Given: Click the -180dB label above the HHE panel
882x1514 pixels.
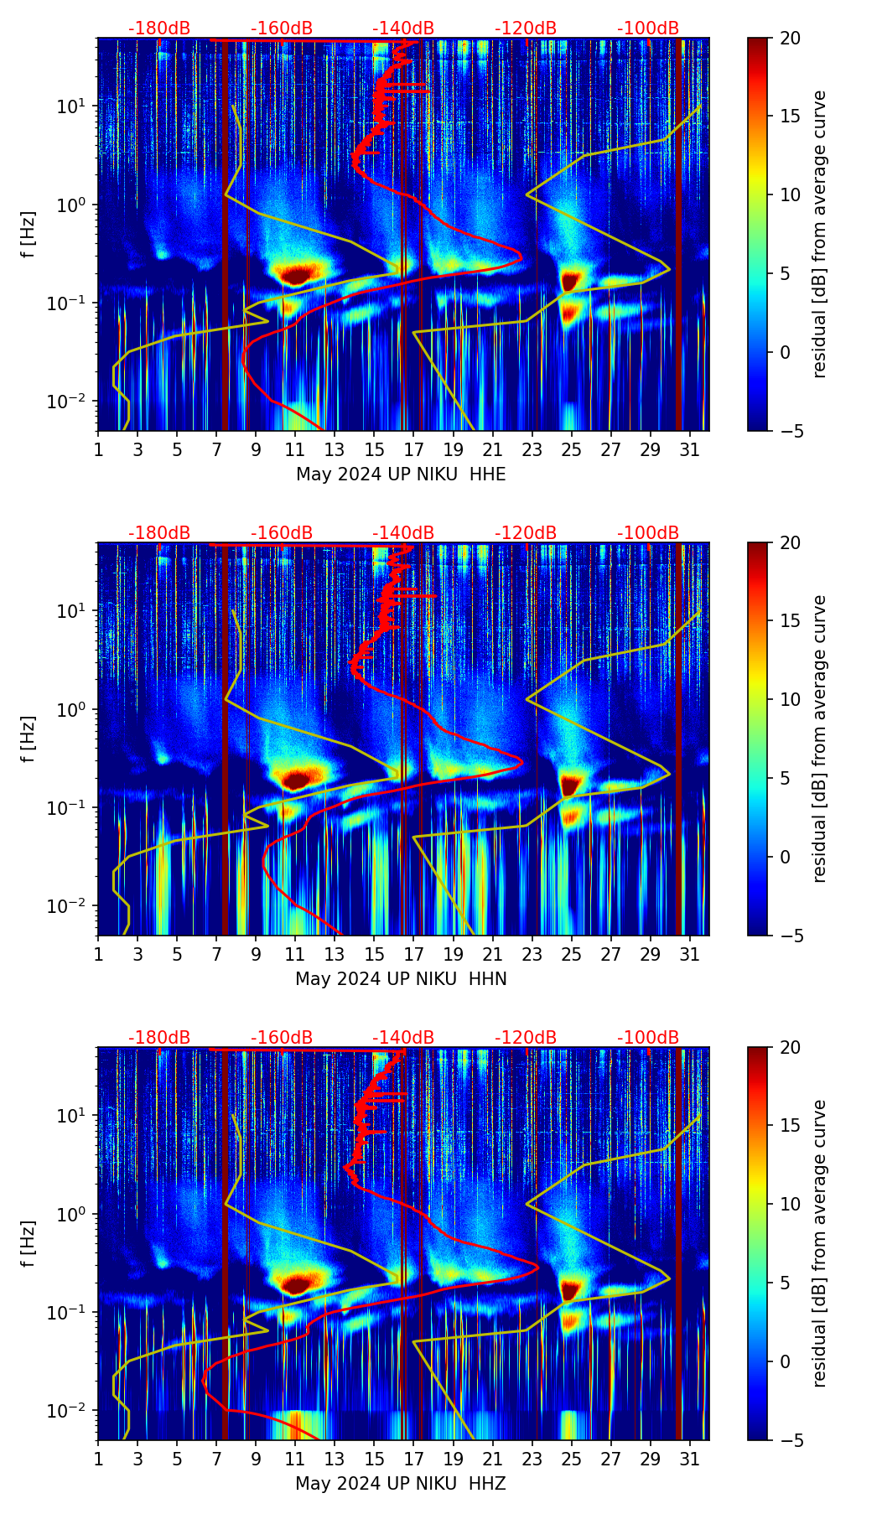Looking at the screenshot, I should coord(159,29).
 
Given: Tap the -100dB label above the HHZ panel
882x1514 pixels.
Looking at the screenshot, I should coord(648,1038).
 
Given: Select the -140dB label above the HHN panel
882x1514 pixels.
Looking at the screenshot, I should coord(403,533).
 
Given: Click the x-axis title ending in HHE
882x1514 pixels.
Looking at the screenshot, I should coord(401,474).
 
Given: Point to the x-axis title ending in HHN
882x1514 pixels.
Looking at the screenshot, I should coord(401,979).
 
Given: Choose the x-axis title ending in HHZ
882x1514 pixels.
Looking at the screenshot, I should coord(401,1484).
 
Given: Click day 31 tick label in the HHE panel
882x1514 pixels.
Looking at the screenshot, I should coord(689,450).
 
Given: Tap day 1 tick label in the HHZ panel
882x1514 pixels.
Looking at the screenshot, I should coord(98,1460).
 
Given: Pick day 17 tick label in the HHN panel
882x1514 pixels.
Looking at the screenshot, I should coord(414,955).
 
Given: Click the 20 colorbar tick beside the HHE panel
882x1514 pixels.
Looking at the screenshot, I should coord(790,38).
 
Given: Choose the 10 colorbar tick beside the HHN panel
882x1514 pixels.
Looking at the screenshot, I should coord(790,699).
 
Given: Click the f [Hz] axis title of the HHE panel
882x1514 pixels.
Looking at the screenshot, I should coord(29,235).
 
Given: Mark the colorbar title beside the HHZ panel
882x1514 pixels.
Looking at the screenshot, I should coord(819,1243).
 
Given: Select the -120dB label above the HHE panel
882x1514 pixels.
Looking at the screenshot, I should coord(526,29).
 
